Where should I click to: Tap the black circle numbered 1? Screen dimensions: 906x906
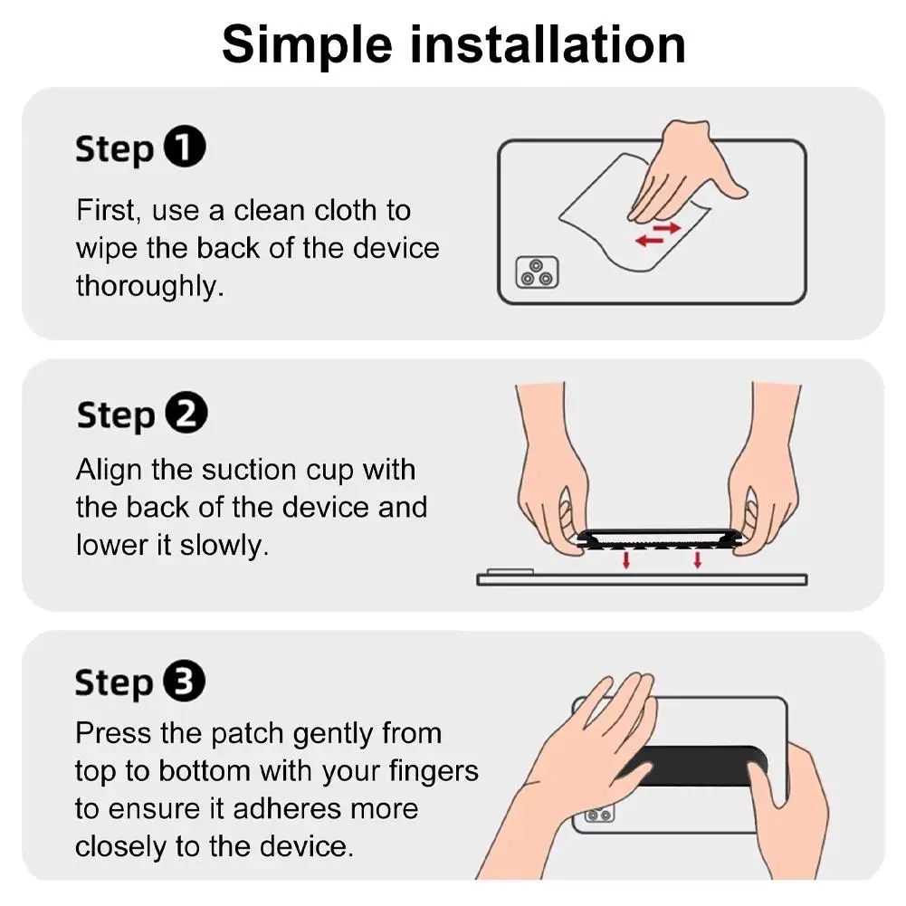tap(185, 148)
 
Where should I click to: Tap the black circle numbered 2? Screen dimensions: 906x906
tap(186, 415)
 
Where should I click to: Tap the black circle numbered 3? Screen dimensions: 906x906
tap(185, 682)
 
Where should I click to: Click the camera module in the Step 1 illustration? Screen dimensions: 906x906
tap(537, 272)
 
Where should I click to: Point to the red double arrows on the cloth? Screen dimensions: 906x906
tap(657, 234)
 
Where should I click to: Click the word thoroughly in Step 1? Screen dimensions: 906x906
tap(148, 287)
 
